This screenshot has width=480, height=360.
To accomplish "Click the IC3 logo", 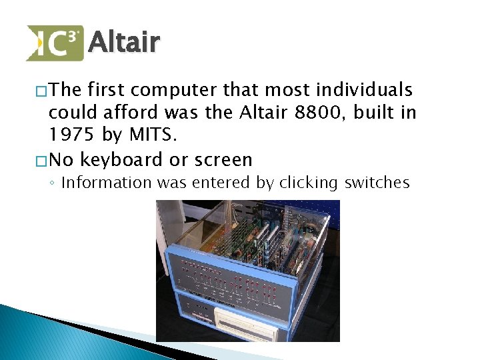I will click(x=55, y=43).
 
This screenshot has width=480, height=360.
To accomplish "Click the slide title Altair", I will click(x=124, y=42).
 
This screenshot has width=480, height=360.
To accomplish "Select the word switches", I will click(x=378, y=183).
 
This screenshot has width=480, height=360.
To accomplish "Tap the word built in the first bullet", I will click(x=375, y=113).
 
